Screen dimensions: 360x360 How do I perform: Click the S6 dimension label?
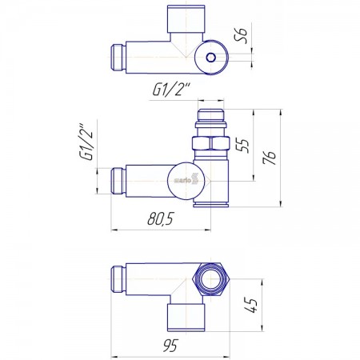pyautogui.click(x=241, y=35)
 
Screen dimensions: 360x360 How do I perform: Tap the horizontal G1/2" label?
pyautogui.click(x=172, y=89)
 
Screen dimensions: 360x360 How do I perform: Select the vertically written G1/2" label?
pyautogui.click(x=86, y=142)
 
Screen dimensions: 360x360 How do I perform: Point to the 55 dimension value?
pyautogui.click(x=242, y=145)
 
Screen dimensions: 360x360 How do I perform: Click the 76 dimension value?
pyautogui.click(x=269, y=158)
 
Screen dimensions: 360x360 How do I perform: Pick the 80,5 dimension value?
pyautogui.click(x=161, y=218)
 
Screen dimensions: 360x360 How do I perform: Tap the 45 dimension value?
pyautogui.click(x=250, y=305)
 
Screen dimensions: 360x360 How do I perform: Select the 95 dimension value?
pyautogui.click(x=170, y=346)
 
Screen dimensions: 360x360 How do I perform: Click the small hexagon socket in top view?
pyautogui.click(x=211, y=57)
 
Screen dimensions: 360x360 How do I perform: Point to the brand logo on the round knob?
pyautogui.click(x=186, y=179)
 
